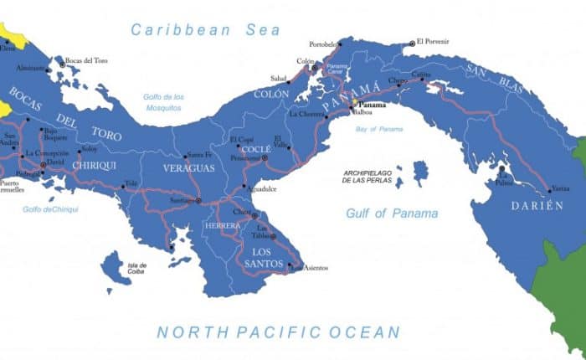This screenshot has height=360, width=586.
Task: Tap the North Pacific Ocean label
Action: click(279, 332)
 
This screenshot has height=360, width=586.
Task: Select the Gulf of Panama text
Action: click(393, 213)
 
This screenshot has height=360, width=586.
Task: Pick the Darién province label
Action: click(537, 205)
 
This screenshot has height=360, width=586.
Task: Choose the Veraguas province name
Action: click(189, 167)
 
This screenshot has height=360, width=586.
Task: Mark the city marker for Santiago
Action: click(198, 201)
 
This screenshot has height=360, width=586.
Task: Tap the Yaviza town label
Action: click(561, 190)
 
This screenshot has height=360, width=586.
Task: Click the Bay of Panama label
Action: click(378, 129)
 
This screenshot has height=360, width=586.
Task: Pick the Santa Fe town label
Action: click(199, 154)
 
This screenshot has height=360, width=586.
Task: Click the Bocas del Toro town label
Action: click(87, 60)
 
